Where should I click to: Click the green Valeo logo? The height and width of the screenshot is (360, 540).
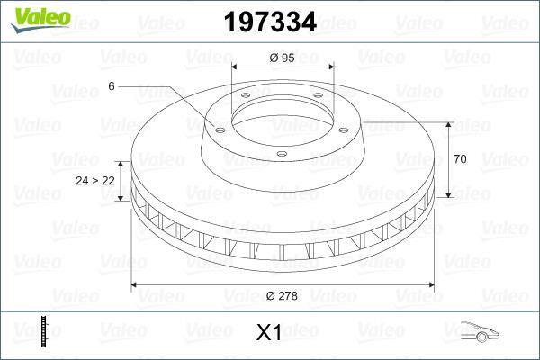pos(40,19)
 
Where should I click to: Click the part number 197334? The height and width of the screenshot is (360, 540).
pos(270,22)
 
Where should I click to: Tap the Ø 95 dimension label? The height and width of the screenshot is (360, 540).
pos(282,58)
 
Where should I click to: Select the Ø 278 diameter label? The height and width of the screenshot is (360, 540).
pos(282,295)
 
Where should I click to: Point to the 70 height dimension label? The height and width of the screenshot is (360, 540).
pos(460,159)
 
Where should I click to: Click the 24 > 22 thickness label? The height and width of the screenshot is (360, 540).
pos(95,181)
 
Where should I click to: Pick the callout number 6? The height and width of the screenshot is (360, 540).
pos(112,86)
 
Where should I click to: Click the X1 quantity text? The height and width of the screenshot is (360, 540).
pos(269,333)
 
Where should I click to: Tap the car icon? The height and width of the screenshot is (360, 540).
pos(480,331)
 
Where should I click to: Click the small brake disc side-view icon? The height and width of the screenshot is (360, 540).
pos(45,331)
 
